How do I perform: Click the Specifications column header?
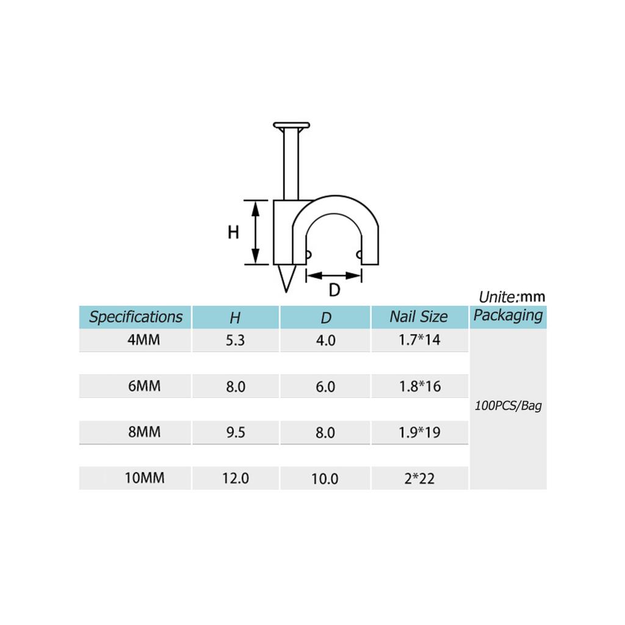click(x=135, y=317)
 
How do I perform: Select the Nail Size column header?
click(x=419, y=317)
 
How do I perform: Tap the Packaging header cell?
click(x=508, y=316)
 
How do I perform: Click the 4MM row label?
click(x=144, y=340)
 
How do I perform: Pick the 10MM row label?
click(x=145, y=478)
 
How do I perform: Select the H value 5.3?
click(x=235, y=341)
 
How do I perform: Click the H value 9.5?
click(x=235, y=433)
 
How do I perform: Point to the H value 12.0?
click(x=235, y=479)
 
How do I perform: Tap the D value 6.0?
click(x=325, y=387)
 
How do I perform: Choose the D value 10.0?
click(x=325, y=479)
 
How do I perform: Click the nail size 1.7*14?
click(x=419, y=340)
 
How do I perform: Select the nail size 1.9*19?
click(x=419, y=433)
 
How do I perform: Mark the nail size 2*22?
click(x=419, y=479)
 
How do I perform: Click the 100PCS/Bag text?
click(x=508, y=406)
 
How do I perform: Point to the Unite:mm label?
click(x=511, y=297)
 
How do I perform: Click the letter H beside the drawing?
click(x=233, y=233)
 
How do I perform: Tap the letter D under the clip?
click(x=334, y=291)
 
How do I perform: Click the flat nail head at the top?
click(x=292, y=126)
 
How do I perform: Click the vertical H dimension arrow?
click(x=256, y=232)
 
